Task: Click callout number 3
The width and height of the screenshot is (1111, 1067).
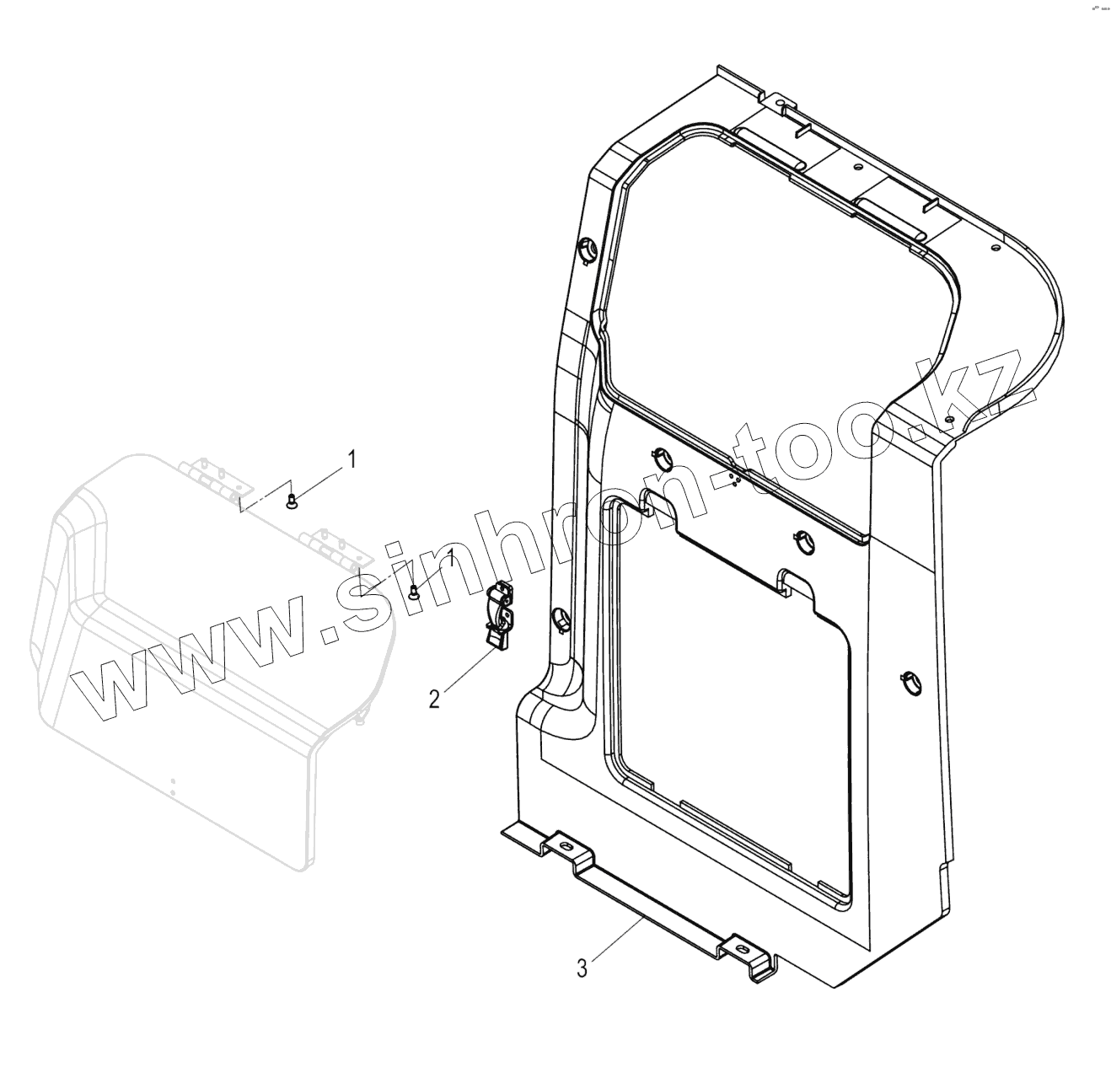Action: (582, 968)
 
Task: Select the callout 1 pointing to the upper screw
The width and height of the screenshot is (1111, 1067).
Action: (352, 459)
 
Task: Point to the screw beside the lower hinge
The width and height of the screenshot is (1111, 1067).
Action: (415, 592)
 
